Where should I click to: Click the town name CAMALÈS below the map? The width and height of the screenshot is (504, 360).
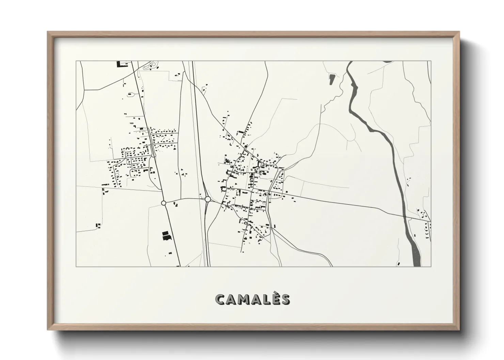point(252,299)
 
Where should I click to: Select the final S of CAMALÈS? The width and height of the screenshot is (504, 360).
point(285,299)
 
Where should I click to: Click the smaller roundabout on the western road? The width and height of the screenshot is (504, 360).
point(163,203)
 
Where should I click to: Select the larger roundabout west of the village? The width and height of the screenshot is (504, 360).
point(207,199)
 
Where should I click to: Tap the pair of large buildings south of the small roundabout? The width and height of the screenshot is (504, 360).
point(166,235)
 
